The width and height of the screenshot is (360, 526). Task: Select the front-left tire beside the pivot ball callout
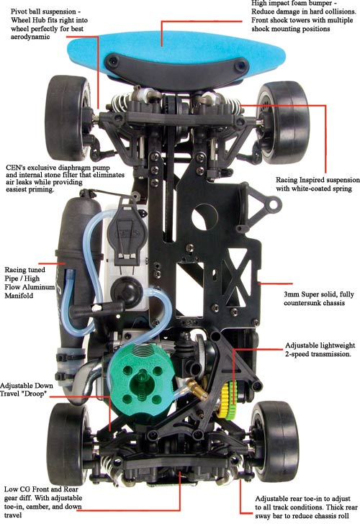point(68,117)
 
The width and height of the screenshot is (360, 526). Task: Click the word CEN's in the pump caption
point(16,167)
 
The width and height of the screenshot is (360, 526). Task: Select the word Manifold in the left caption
point(19,296)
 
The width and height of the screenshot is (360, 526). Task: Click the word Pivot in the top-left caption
point(19,12)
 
